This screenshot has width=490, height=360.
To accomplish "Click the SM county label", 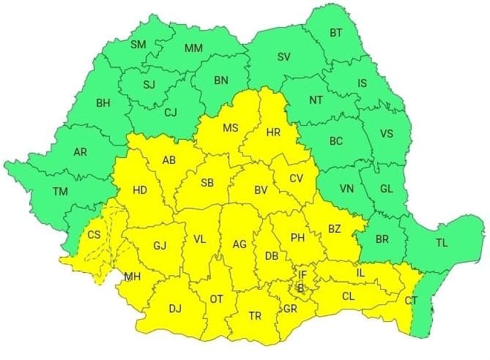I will [138, 45].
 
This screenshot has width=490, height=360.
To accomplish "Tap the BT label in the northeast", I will [336, 33].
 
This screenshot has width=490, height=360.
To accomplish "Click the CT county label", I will [411, 301].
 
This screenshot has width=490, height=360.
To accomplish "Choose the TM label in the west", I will [59, 192].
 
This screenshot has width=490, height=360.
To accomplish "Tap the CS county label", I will [94, 235].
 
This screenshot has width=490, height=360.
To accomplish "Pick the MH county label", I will [133, 277].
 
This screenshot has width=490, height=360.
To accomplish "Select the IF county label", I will [302, 275].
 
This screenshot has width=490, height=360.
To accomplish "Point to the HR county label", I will [273, 132].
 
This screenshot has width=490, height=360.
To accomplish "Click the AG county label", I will [239, 244].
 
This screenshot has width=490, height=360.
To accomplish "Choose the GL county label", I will [386, 188].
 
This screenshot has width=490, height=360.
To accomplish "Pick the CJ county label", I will [171, 112].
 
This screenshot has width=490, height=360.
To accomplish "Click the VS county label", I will [388, 134].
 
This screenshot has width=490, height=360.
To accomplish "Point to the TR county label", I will [254, 316].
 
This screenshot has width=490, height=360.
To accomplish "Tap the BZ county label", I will [334, 229].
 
